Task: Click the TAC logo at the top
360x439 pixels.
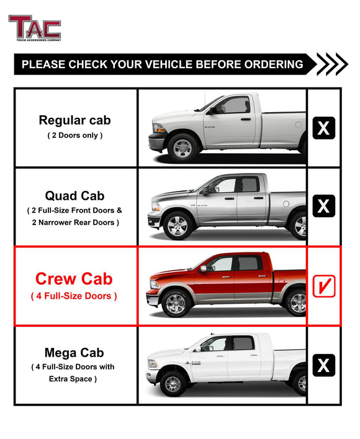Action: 34,28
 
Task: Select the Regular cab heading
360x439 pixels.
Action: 74,120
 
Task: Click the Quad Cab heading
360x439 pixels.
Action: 74,197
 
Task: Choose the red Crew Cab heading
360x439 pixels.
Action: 74,278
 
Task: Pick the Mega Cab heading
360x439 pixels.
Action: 74,353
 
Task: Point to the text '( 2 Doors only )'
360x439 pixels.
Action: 74,135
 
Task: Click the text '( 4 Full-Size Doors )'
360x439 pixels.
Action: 74,296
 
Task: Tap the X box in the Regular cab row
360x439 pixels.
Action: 323,128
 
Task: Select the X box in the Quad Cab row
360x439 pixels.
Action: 323,206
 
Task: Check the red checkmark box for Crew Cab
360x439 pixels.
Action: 323,287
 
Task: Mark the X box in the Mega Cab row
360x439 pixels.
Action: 323,365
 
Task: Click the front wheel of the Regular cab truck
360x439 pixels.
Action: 183,148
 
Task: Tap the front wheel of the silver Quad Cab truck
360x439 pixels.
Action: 178,225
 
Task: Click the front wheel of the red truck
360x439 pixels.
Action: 176,303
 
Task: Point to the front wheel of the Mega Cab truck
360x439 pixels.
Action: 173,384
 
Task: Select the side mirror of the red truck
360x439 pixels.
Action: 203,268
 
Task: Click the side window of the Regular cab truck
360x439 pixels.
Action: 236,105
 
